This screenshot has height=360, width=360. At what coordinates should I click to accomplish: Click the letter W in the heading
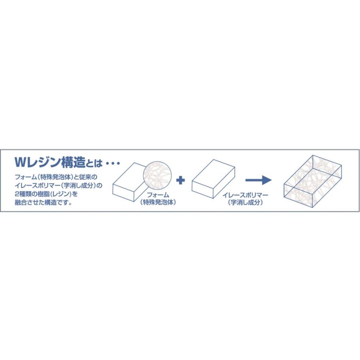pos(20,163)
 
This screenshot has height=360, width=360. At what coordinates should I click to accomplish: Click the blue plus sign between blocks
pos(181,180)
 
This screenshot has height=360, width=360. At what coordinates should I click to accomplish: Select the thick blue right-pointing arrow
pos(258,180)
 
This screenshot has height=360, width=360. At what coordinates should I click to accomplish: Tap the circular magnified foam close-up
pos(157,176)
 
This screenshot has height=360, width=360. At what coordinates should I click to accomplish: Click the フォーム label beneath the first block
pos(158,195)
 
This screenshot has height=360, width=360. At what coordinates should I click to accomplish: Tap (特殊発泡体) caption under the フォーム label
pos(158,202)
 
